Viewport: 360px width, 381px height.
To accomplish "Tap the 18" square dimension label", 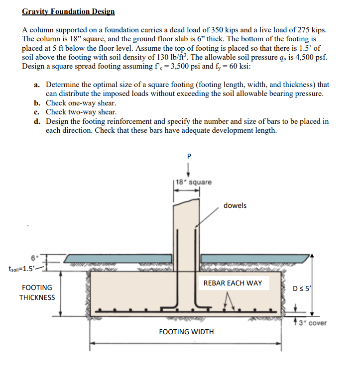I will point(194,182).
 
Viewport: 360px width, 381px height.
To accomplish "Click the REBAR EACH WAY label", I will point(233,283).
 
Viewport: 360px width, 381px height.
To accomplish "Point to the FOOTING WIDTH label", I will point(186,331).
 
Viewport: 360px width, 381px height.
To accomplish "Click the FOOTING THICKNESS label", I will point(37,292).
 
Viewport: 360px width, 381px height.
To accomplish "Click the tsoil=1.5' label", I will point(21,269).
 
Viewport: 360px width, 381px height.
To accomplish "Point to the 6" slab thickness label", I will point(34,258).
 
